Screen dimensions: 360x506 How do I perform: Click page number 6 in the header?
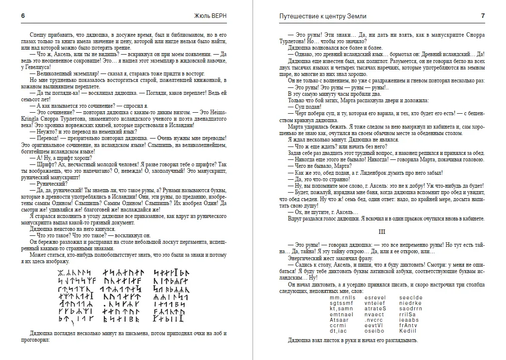[x=23, y=16]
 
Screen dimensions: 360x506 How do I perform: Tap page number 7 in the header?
[x=483, y=16]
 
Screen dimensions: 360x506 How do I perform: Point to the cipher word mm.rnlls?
[x=342, y=297]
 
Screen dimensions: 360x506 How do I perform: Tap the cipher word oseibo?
[x=374, y=330]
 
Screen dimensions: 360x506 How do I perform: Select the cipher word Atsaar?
[x=339, y=319]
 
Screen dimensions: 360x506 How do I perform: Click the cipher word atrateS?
[x=375, y=308]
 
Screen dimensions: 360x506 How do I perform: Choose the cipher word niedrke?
[x=410, y=303]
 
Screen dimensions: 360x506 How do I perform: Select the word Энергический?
[x=305, y=258]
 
